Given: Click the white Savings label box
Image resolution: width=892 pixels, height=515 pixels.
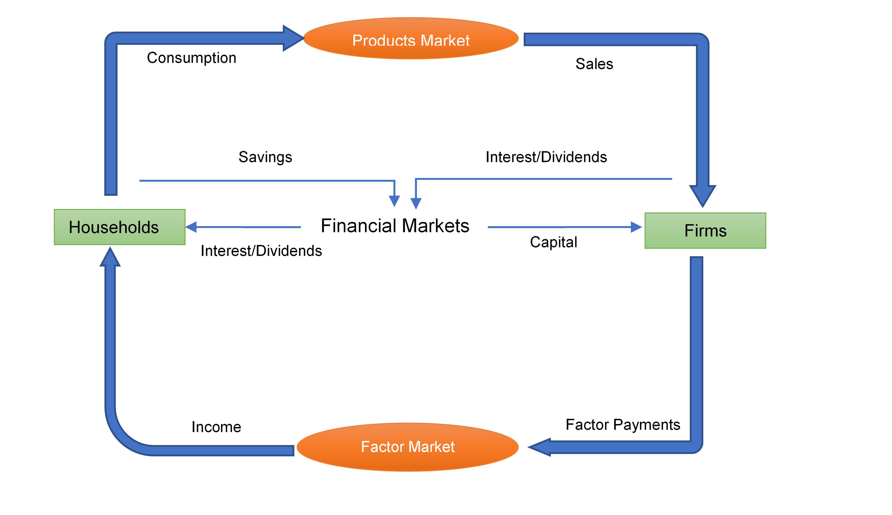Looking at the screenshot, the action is click(x=265, y=159).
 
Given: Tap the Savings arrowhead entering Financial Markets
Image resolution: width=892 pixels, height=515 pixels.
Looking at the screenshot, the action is click(x=394, y=201).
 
